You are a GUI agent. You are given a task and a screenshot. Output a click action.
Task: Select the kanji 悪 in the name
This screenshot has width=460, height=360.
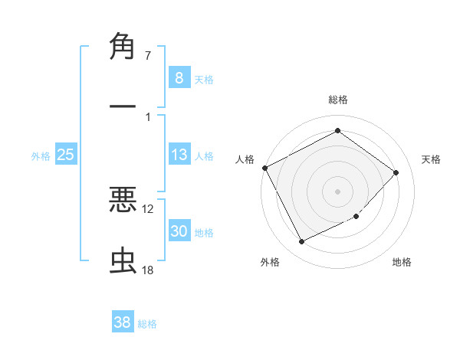(123, 201)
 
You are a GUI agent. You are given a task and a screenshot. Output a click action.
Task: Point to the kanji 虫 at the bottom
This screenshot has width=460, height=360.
(123, 261)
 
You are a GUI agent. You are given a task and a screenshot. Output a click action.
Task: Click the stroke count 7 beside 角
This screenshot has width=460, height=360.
(148, 56)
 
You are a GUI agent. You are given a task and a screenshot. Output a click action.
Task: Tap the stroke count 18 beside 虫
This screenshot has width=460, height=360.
(148, 270)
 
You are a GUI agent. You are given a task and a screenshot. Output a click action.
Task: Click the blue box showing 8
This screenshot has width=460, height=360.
(179, 77)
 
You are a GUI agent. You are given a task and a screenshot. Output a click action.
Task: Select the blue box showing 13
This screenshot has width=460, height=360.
(179, 155)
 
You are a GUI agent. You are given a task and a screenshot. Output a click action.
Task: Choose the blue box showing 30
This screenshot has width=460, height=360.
(179, 232)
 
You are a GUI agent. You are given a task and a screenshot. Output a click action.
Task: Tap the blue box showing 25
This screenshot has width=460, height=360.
(66, 155)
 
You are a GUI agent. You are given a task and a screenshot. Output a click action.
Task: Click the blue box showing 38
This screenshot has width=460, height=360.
(123, 322)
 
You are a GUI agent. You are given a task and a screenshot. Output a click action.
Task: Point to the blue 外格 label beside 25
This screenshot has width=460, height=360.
(41, 155)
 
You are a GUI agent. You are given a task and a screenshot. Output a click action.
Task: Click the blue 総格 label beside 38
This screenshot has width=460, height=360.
(147, 323)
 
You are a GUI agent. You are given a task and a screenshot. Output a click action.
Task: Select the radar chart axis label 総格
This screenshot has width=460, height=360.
(338, 100)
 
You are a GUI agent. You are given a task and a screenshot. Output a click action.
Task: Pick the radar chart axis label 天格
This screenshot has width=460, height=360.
(432, 159)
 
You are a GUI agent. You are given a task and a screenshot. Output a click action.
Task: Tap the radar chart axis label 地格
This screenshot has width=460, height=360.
(402, 262)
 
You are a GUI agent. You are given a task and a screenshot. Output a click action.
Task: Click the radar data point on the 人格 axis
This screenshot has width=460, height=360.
(265, 168)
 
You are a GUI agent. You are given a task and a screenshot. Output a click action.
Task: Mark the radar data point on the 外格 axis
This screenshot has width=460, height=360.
(301, 242)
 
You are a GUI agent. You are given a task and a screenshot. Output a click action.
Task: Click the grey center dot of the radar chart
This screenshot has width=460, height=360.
(338, 191)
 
